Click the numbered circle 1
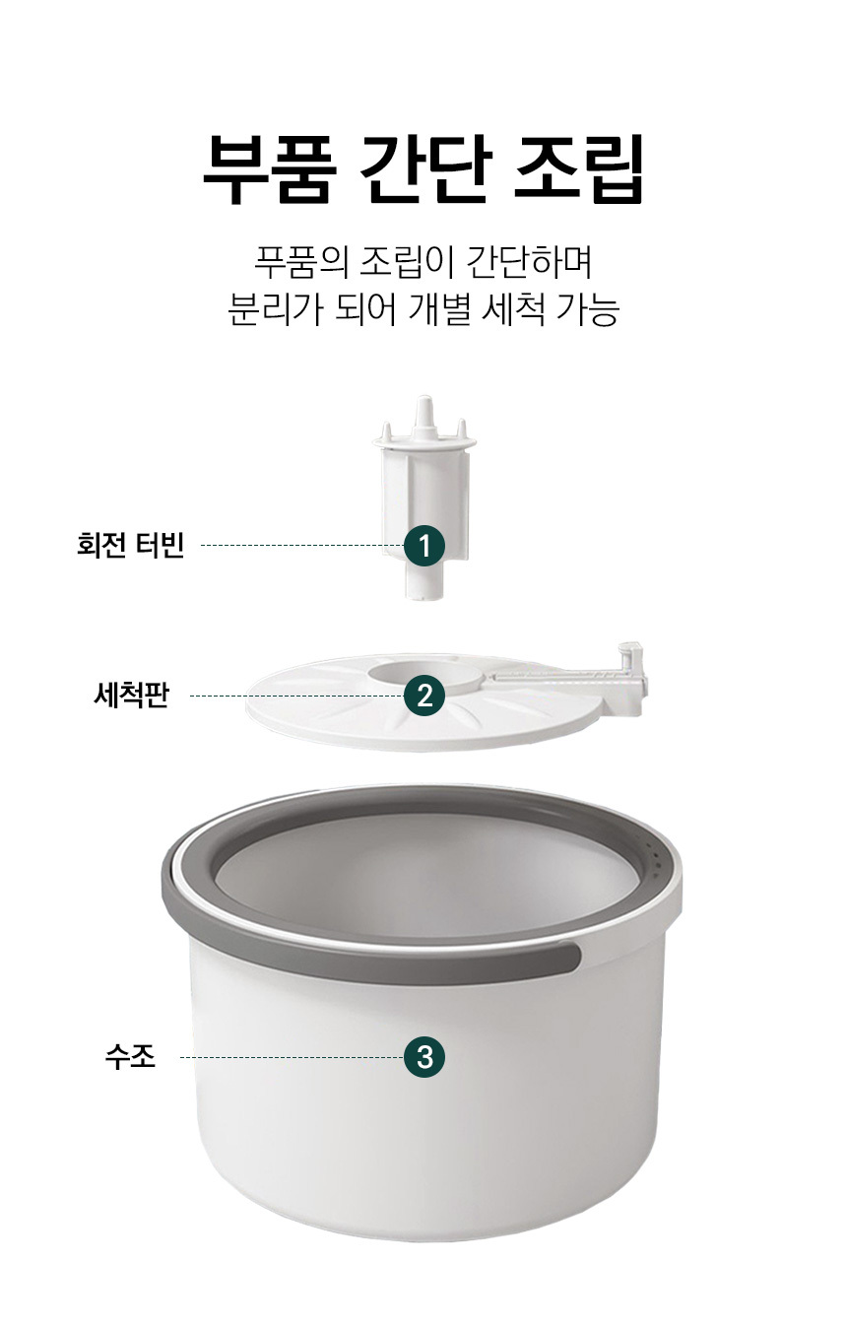423,545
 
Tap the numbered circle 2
423,696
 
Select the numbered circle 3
423,1056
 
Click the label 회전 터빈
130,544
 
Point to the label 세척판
132,695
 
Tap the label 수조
130,1056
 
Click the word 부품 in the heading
266,167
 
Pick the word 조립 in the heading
579,167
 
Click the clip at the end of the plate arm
632,677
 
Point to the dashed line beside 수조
292,1057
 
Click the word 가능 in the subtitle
589,308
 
